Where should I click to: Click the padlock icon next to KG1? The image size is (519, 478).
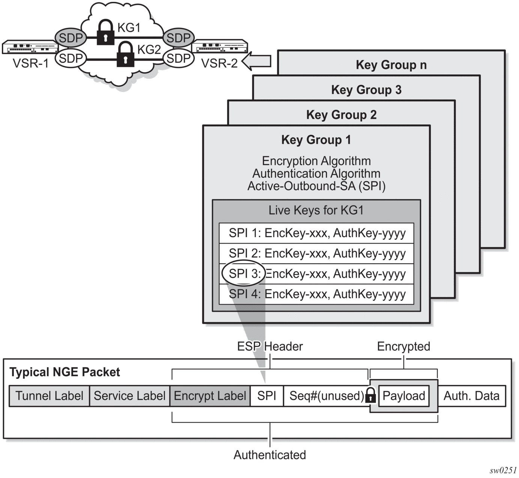tap(105, 33)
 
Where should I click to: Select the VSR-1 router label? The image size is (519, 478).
tap(31, 63)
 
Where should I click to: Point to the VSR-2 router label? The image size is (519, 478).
tap(220, 63)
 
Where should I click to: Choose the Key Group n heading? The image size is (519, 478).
tap(391, 65)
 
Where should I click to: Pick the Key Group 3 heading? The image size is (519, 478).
tap(366, 90)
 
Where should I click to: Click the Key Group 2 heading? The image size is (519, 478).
tap(341, 115)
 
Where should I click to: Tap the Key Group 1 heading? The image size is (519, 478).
tap(316, 140)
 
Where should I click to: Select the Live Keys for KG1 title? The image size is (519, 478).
tap(316, 210)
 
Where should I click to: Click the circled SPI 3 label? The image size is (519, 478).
tap(244, 273)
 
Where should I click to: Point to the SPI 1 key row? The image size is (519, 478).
tap(317, 233)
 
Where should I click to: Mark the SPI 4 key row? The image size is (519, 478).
tap(317, 294)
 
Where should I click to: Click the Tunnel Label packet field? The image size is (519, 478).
tap(49, 396)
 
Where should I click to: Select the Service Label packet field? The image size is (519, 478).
tap(129, 396)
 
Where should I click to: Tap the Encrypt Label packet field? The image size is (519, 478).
tap(210, 396)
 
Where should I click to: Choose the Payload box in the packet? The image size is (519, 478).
tap(404, 396)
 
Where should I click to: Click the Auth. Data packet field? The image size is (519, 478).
tap(471, 396)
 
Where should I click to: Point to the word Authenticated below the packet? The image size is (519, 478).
tap(270, 455)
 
